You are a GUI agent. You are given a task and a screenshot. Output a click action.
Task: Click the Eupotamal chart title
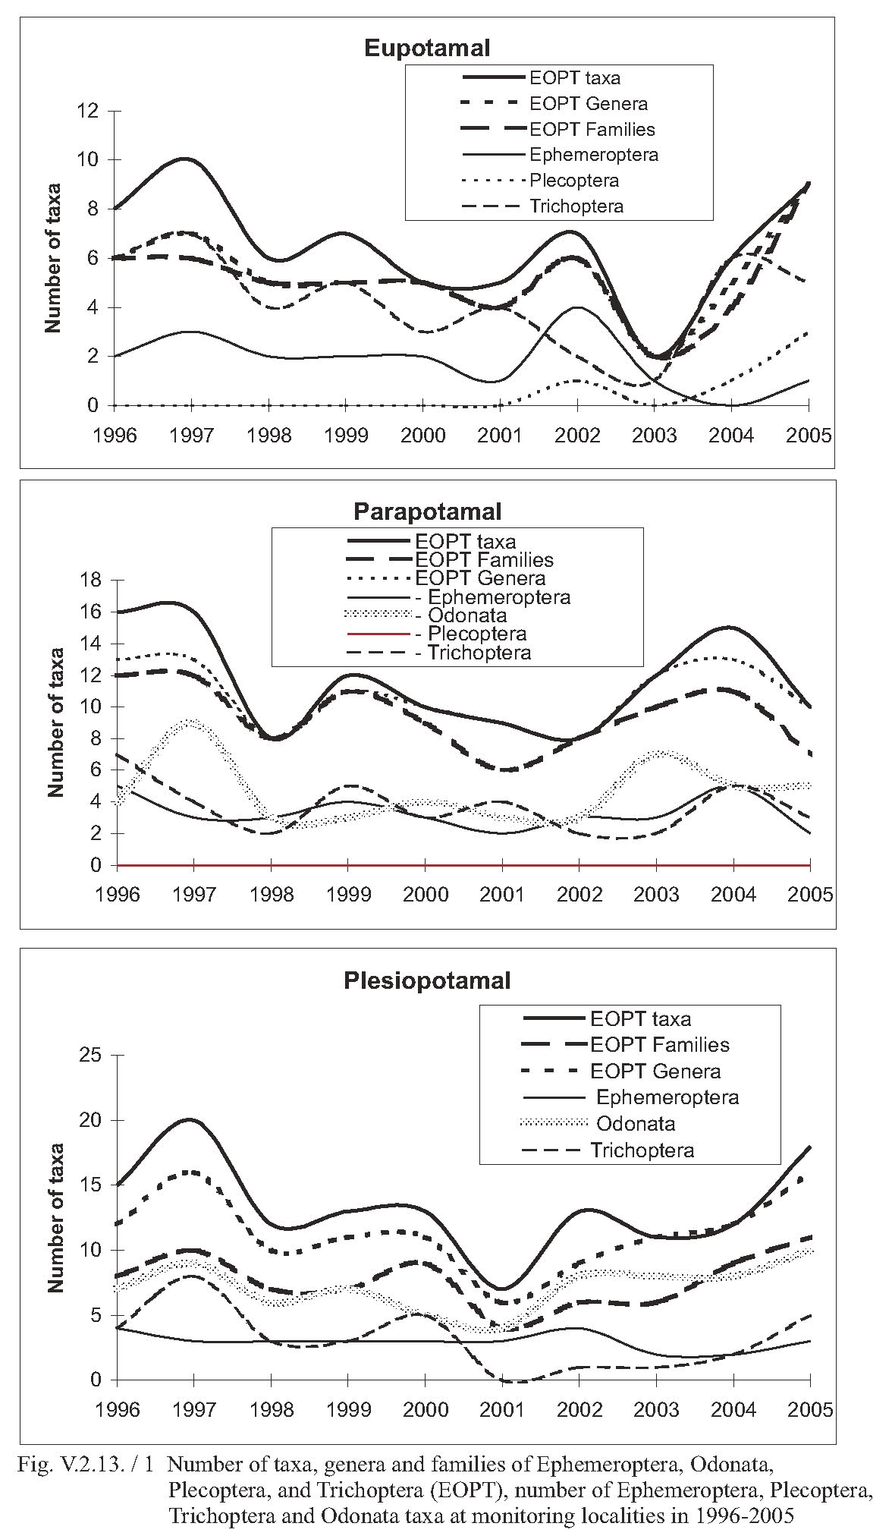pyautogui.click(x=427, y=48)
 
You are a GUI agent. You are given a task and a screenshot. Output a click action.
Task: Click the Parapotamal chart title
pyautogui.click(x=427, y=511)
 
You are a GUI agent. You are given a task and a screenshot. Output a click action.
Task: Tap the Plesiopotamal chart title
pyautogui.click(x=427, y=980)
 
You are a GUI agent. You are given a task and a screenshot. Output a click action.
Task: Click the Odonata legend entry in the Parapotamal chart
pyautogui.click(x=426, y=615)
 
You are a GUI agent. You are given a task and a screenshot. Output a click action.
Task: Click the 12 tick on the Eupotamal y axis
pyautogui.click(x=88, y=112)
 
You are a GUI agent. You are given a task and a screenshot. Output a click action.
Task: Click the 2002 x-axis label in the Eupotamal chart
pyautogui.click(x=577, y=436)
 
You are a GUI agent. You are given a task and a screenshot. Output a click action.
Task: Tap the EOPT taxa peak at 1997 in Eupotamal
pyautogui.click(x=186, y=159)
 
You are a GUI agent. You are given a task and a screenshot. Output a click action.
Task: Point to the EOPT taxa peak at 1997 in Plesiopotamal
pyautogui.click(x=190, y=1120)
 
